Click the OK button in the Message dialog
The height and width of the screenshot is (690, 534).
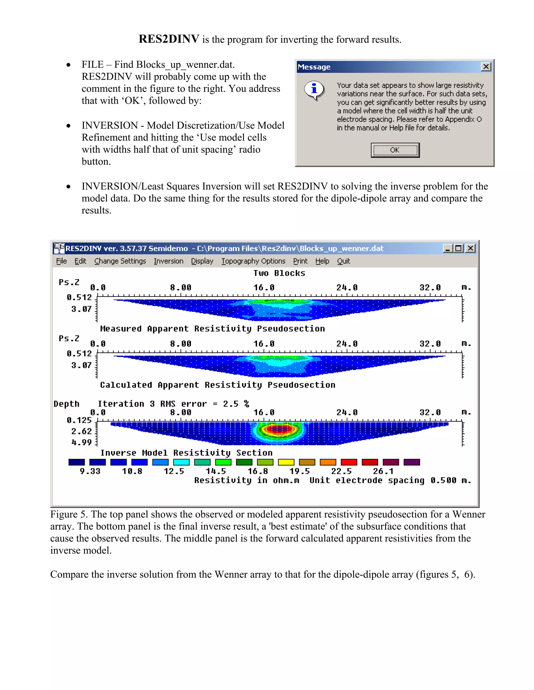(x=395, y=150)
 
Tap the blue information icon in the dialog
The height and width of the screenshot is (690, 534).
(x=314, y=89)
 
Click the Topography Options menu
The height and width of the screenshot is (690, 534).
(x=253, y=261)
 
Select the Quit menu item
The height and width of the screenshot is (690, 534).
(x=343, y=261)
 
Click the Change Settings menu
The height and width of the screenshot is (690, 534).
(x=120, y=261)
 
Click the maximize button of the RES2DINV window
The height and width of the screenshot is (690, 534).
(x=458, y=248)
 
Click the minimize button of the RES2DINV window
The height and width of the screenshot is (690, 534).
(x=447, y=248)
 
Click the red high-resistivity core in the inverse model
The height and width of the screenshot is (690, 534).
(x=279, y=429)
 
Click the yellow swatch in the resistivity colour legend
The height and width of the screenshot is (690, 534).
(x=286, y=462)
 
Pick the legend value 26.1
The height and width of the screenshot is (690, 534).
(x=383, y=471)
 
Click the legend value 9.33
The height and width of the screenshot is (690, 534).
(x=90, y=471)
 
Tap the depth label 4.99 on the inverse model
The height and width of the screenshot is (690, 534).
(x=82, y=442)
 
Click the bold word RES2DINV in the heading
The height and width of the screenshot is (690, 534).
(x=169, y=39)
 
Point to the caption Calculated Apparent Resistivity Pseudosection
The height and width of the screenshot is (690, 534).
(x=218, y=385)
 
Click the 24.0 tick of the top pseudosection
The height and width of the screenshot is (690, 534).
(x=347, y=287)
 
